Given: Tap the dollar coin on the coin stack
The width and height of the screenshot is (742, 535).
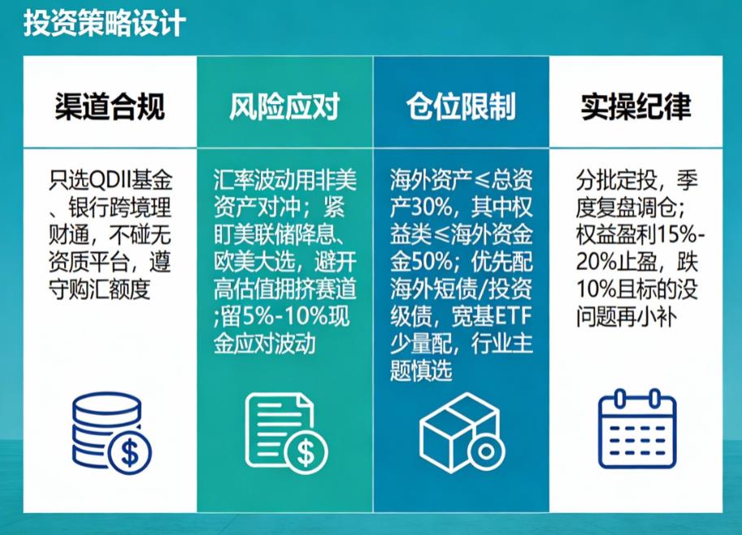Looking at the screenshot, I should coord(129,453).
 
